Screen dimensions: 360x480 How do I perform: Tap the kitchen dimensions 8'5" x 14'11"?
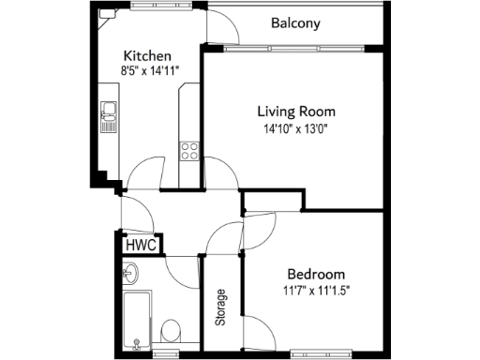150,70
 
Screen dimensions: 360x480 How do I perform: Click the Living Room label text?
296,111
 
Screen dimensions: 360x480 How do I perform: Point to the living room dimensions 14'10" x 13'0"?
296,128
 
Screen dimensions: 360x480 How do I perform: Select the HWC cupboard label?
140,245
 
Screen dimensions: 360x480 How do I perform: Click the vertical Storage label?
221,306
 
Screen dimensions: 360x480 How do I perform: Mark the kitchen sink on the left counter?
108,114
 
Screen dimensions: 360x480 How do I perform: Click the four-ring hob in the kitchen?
188,150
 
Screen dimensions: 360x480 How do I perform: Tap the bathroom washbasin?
130,274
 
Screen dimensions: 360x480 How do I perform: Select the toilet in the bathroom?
171,331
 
